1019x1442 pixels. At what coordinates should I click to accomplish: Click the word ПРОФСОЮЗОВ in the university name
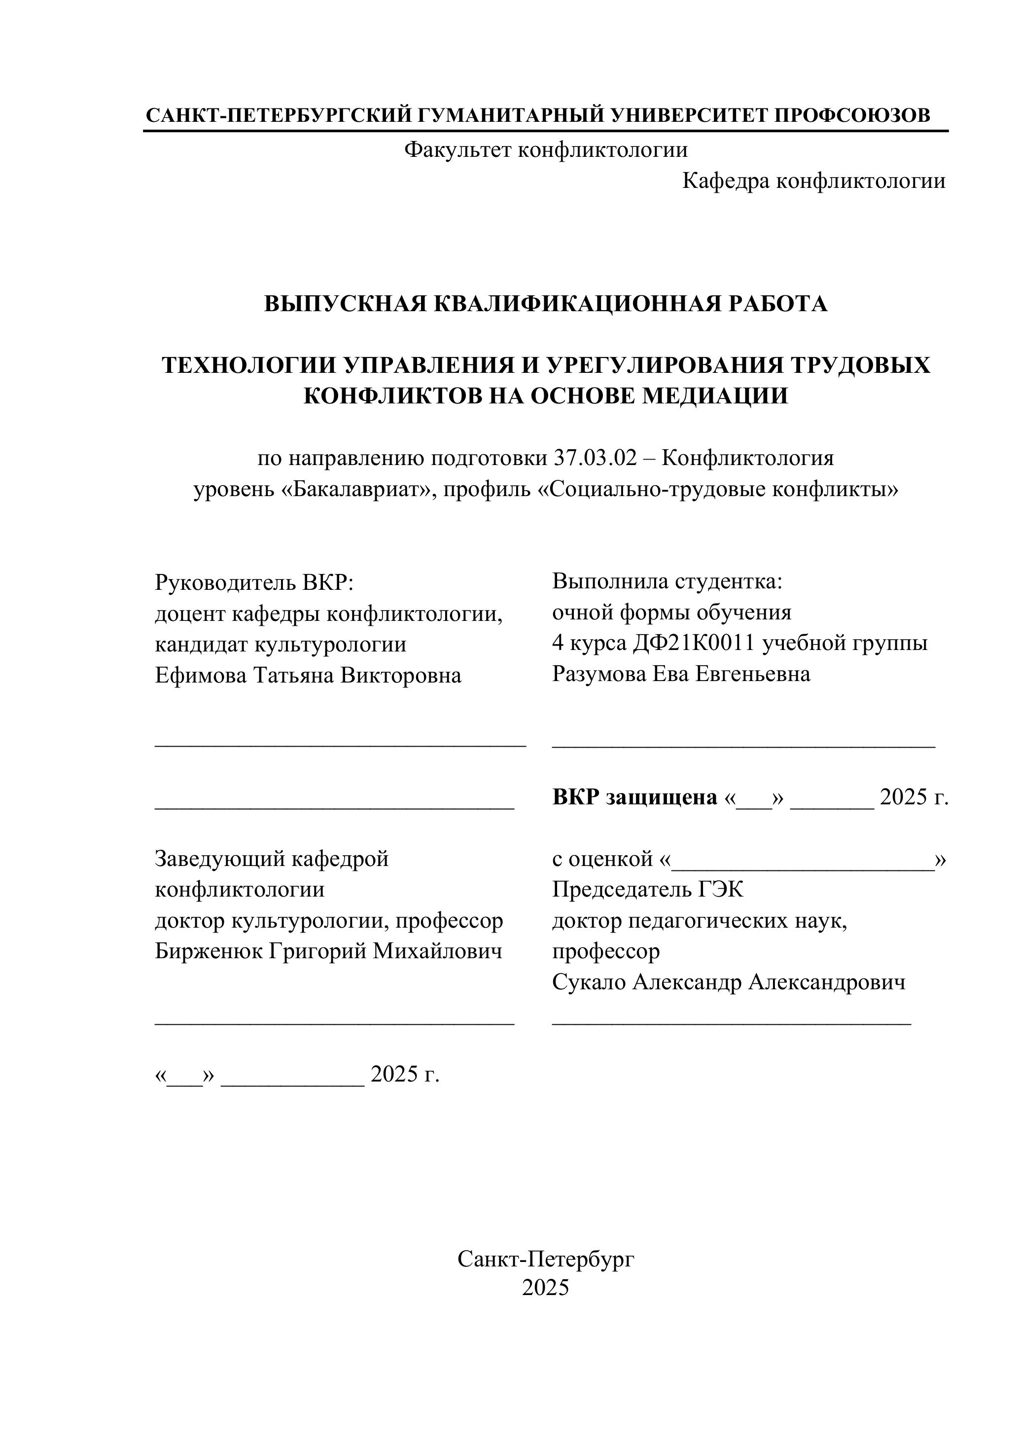click(852, 115)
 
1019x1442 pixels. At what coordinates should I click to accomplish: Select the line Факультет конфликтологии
click(546, 149)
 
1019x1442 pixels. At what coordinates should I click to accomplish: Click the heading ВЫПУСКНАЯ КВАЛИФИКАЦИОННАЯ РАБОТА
click(546, 304)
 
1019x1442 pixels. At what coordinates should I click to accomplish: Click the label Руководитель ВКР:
click(254, 583)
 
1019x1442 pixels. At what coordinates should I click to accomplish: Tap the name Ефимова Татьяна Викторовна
click(308, 676)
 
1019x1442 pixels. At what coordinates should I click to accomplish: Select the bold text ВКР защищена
click(634, 797)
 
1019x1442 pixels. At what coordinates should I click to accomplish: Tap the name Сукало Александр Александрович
click(728, 982)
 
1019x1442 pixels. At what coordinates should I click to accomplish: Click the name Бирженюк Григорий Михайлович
click(328, 951)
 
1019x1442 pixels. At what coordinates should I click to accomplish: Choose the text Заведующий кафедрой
click(271, 859)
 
